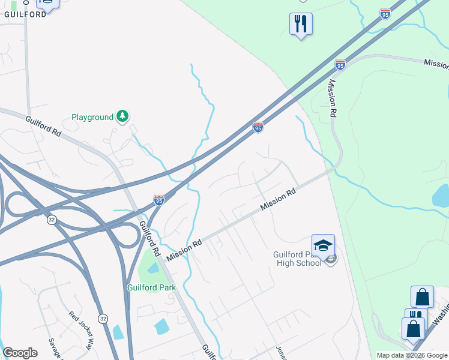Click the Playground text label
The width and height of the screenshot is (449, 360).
92,117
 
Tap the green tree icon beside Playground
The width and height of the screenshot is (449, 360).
122,116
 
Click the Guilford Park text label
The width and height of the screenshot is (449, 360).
151,287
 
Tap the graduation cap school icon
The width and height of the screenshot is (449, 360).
323,245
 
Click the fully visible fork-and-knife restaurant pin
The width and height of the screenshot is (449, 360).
301,24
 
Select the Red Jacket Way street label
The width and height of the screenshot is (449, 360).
82,331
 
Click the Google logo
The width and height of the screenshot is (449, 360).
20,353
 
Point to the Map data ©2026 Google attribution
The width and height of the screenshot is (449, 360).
412,355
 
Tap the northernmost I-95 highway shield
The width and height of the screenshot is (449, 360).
385,13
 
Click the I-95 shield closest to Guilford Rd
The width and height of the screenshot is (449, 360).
159,199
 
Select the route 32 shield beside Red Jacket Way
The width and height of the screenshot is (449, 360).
103,318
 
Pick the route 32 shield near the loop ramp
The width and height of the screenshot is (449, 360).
52,220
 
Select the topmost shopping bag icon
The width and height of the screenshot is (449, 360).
422,296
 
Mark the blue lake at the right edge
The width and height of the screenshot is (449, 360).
441,196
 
